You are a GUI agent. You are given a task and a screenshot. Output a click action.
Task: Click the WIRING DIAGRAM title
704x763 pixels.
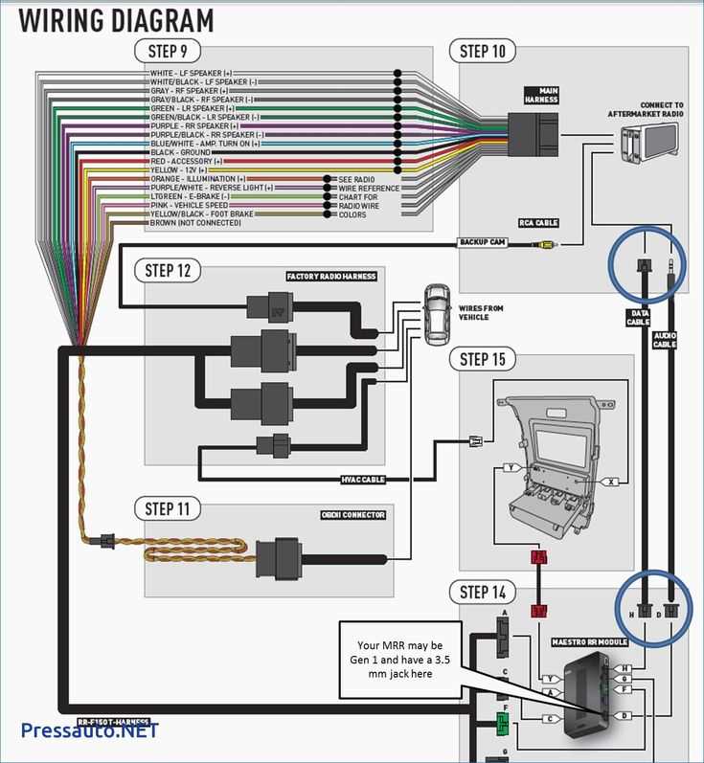click(117, 19)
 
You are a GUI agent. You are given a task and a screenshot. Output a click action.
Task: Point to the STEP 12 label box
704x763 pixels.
click(169, 271)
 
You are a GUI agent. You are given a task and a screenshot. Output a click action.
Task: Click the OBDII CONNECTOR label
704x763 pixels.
click(352, 515)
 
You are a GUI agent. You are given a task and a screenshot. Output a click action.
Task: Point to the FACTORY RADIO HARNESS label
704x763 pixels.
click(331, 277)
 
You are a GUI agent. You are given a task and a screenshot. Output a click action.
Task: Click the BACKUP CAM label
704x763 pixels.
click(482, 242)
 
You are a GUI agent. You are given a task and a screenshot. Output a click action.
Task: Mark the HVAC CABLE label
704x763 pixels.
click(363, 480)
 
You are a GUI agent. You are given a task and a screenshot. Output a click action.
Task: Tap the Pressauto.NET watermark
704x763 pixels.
click(90, 729)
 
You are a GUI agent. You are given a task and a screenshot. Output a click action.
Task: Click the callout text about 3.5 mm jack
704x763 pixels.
click(395, 660)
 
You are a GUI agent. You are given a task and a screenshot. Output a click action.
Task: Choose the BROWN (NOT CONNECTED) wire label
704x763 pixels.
click(196, 223)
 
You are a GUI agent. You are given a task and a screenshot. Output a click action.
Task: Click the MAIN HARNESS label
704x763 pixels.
click(541, 96)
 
